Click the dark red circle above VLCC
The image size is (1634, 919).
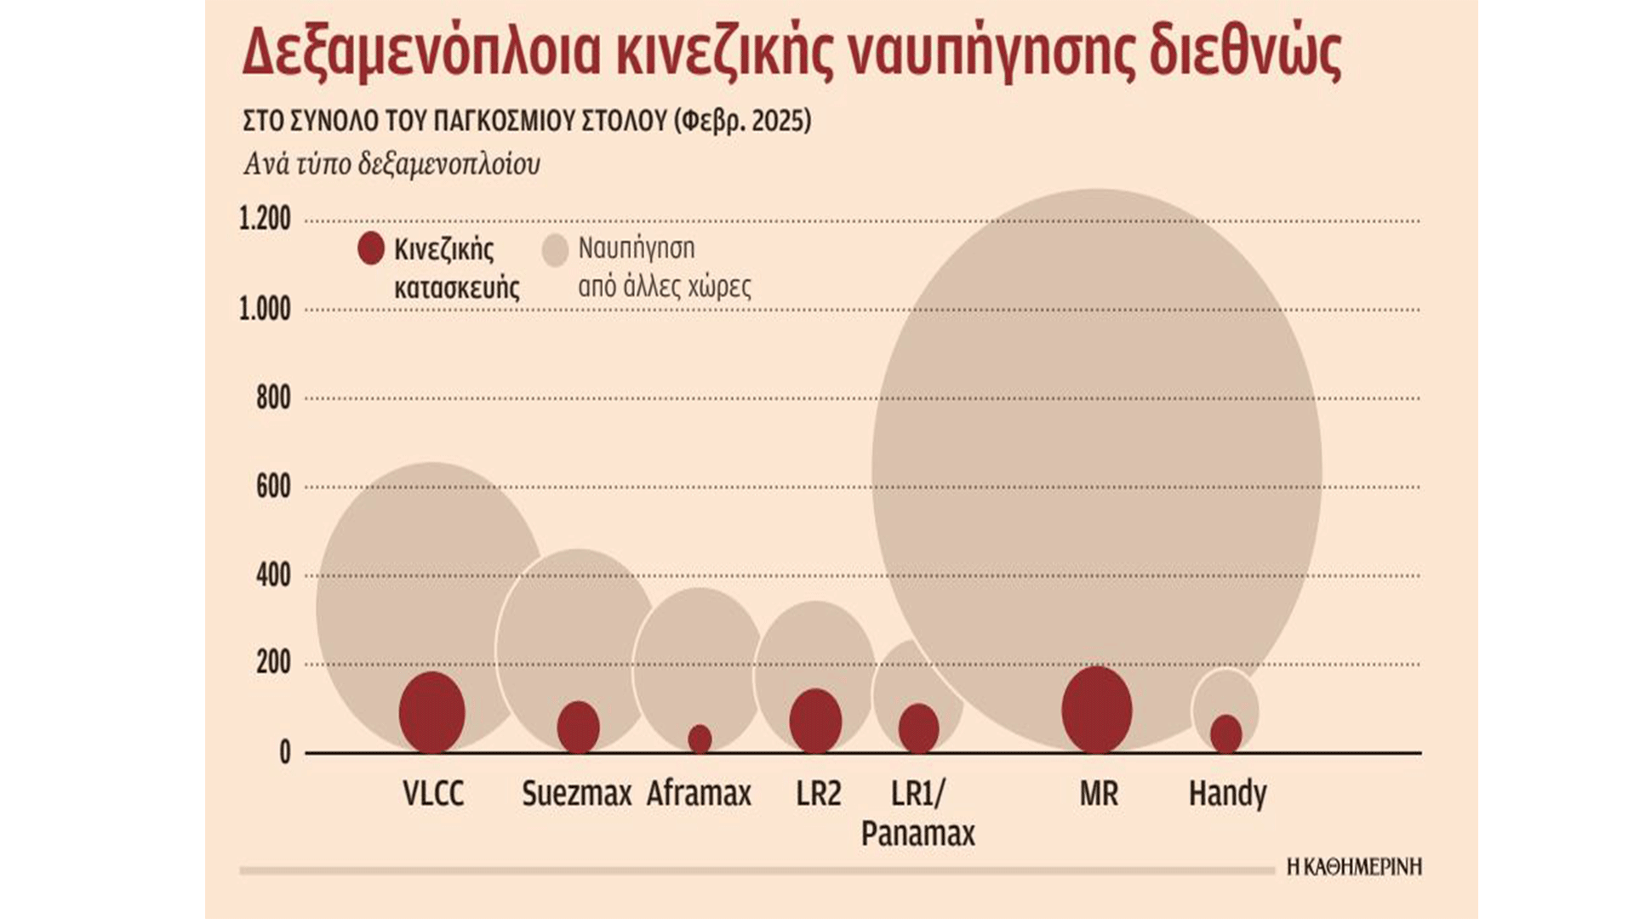tap(431, 712)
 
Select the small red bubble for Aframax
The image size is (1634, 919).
tap(700, 739)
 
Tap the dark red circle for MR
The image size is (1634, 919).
tap(1097, 710)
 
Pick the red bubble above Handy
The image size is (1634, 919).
tap(1225, 734)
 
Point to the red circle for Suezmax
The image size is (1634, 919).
tap(578, 728)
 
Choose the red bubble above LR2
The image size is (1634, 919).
tap(815, 721)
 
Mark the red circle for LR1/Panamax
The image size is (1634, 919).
tap(918, 728)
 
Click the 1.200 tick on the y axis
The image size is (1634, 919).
tap(265, 220)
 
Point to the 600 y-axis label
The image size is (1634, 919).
tap(273, 487)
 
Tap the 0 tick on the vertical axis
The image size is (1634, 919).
tap(284, 753)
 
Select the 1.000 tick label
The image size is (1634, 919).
tap(265, 309)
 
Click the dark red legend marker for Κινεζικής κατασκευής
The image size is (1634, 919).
tap(371, 248)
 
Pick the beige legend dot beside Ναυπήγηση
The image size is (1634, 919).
tap(555, 250)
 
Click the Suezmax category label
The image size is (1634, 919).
tap(576, 794)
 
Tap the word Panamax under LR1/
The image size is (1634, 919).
tap(917, 833)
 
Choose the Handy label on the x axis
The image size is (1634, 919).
tap(1227, 794)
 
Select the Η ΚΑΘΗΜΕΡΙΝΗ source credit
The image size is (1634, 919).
tap(1353, 867)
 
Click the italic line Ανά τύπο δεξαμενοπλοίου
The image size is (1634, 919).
tap(391, 163)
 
